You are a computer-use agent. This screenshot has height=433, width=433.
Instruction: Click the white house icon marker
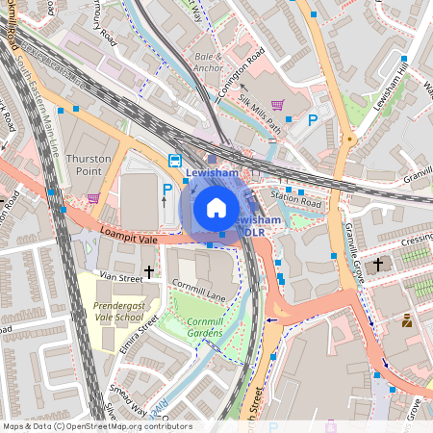pyautogui.click(x=216, y=208)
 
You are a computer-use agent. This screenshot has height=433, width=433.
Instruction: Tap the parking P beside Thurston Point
pyautogui.click(x=167, y=191)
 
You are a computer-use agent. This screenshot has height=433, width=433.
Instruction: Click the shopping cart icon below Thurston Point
pyautogui.click(x=93, y=198)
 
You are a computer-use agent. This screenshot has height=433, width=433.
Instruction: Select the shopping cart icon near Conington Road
pyautogui.click(x=278, y=105)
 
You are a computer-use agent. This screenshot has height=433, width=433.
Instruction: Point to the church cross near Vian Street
pyautogui.click(x=148, y=273)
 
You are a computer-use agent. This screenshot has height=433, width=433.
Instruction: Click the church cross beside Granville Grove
pyautogui.click(x=378, y=263)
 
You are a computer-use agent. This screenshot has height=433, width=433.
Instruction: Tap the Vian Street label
pyautogui.click(x=122, y=277)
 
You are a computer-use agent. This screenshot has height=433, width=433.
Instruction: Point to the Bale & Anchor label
pyautogui.click(x=208, y=63)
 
